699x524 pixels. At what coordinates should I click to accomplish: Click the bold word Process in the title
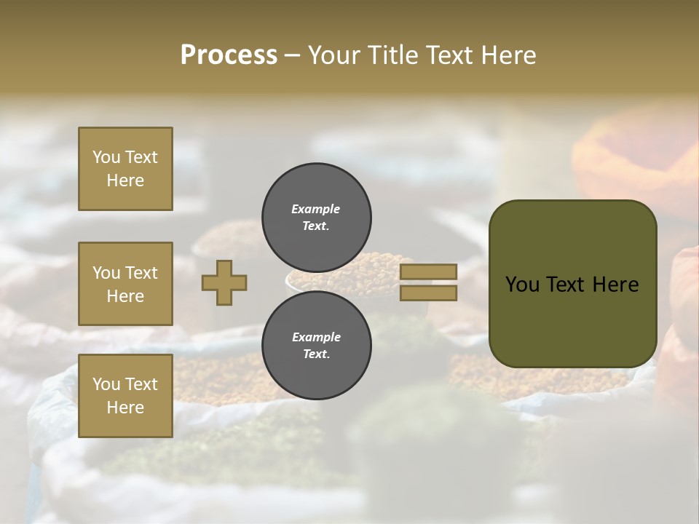[x=229, y=55]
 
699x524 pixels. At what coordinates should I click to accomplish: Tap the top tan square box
[x=125, y=169]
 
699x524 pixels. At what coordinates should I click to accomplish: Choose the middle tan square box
[x=125, y=284]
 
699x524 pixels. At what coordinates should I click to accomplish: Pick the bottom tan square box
[x=125, y=396]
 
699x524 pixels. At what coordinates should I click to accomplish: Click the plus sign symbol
[x=224, y=282]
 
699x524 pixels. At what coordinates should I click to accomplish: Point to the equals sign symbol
[x=428, y=282]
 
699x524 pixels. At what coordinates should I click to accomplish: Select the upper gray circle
[x=317, y=217]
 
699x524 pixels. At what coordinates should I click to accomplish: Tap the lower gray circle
[x=317, y=345]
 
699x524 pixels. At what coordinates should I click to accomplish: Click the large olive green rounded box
[x=572, y=284]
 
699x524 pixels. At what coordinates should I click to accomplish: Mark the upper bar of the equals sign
[x=428, y=272]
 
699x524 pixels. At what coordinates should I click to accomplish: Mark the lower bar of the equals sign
[x=428, y=293]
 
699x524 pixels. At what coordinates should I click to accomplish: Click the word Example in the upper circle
[x=316, y=209]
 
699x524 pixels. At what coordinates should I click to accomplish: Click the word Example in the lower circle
[x=316, y=337]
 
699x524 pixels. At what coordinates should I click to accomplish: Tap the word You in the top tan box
[x=106, y=157]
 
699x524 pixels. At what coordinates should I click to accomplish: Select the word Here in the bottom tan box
[x=125, y=408]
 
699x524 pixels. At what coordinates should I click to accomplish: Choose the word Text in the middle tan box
[x=141, y=273]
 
